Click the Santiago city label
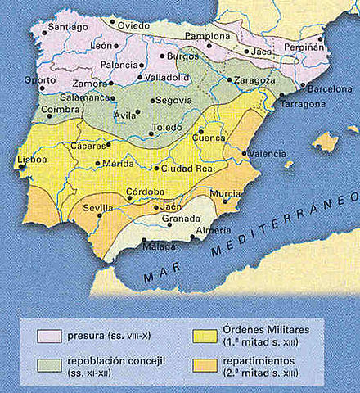tap(68, 27)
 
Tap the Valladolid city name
tap(169, 78)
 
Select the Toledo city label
tap(170, 129)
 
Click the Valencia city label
tap(268, 153)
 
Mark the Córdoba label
tap(145, 192)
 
